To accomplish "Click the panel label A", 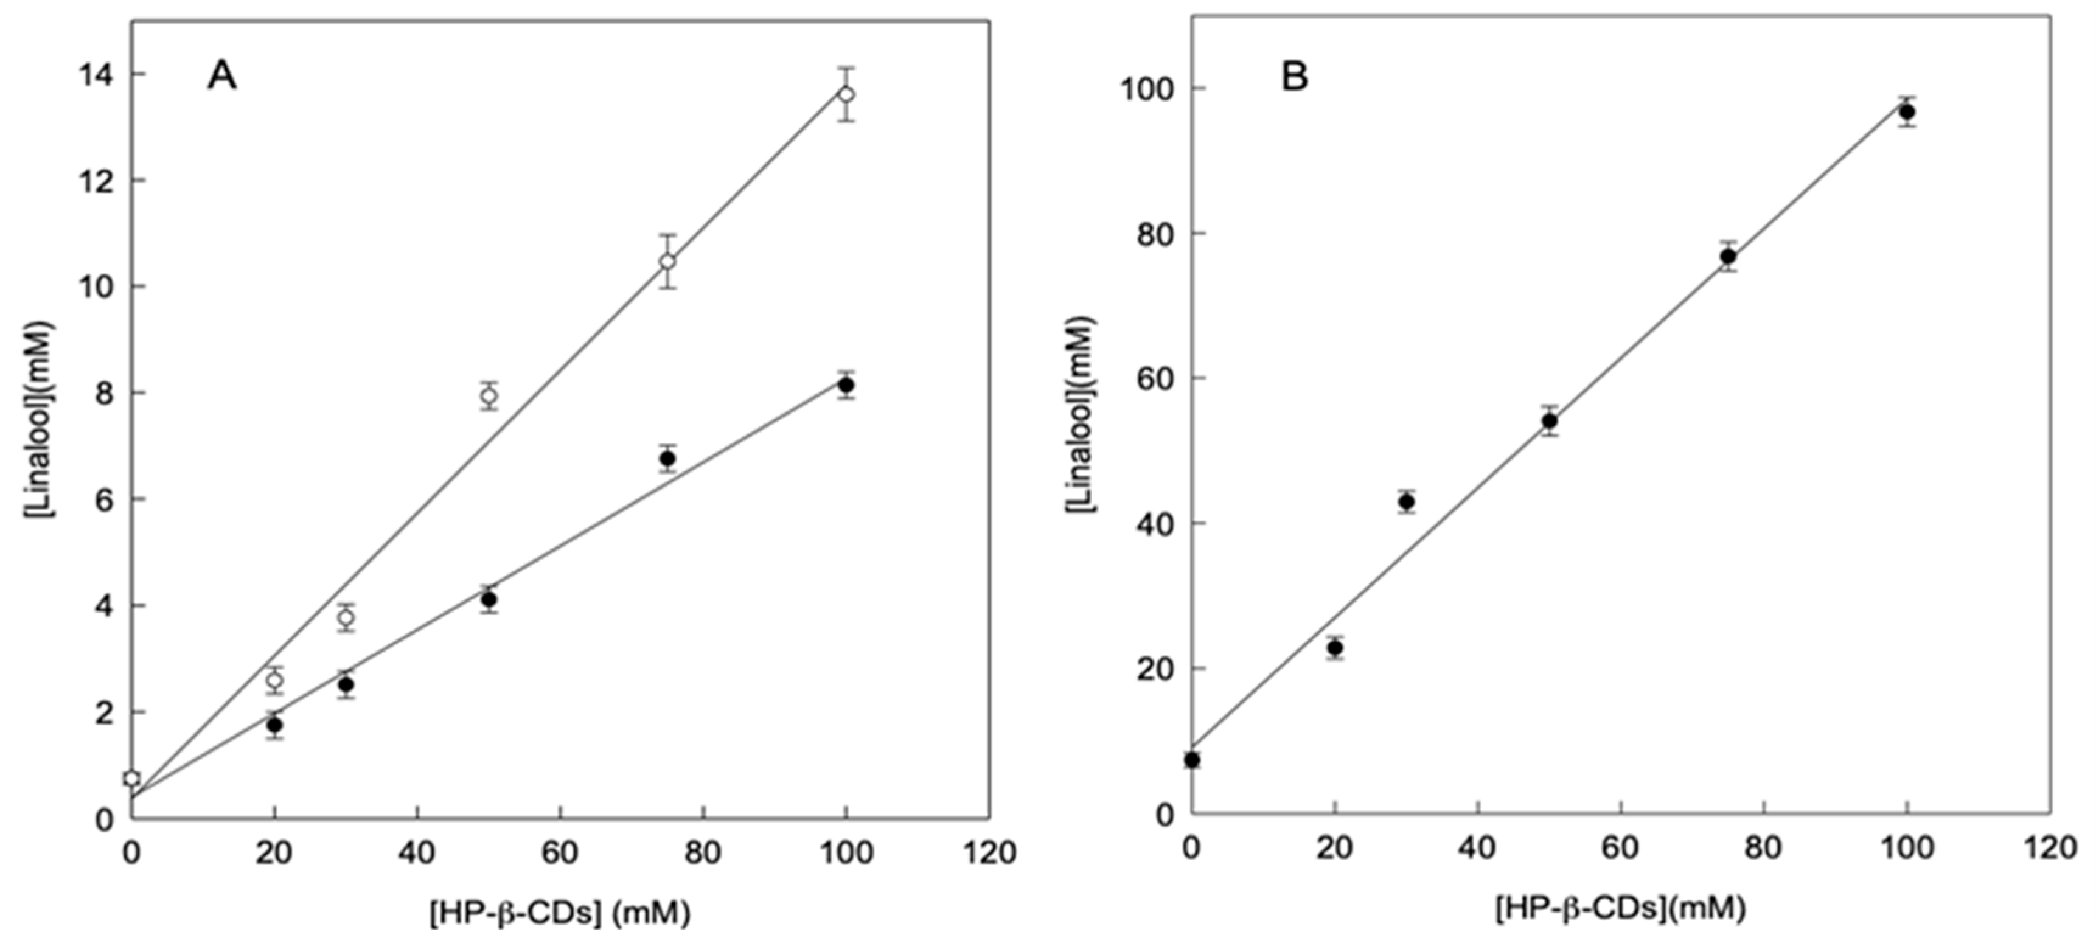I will click(222, 77).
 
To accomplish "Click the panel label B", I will click(1295, 77).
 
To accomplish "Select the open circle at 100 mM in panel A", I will click(846, 94).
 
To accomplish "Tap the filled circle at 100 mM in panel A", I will click(846, 384).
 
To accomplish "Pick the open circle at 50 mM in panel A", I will click(488, 396).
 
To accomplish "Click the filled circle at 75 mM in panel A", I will click(667, 459).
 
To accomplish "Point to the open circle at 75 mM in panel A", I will click(667, 261).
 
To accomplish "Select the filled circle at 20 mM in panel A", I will click(274, 725).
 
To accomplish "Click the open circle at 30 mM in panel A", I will click(346, 618).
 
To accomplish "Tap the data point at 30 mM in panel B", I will click(1406, 502).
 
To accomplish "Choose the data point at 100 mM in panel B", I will click(1906, 111).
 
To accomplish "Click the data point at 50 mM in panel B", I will click(1549, 420).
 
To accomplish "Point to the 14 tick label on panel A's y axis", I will click(97, 74).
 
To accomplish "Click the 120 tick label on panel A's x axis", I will click(989, 852).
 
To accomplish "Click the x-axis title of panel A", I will click(560, 914).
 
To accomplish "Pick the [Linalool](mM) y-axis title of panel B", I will click(1081, 415).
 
